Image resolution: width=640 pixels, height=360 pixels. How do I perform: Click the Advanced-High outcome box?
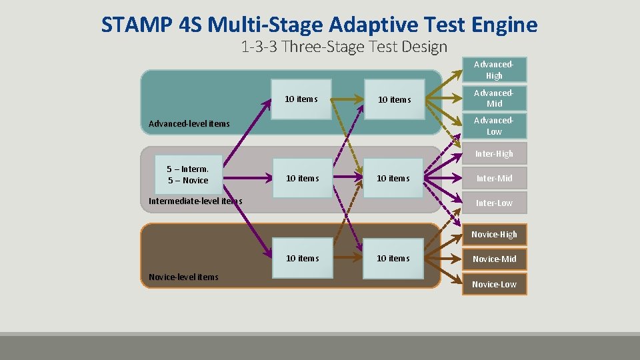[494, 70]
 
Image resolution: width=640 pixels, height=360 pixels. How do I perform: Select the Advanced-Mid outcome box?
[494, 98]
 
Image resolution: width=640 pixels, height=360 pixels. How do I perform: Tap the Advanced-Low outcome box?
[494, 126]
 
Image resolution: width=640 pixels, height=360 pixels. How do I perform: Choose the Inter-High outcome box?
[494, 154]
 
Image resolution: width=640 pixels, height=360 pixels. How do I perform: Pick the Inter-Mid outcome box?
[494, 178]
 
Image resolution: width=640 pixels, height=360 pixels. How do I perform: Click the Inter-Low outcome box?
[494, 203]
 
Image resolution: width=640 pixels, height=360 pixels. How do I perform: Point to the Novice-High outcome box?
[494, 235]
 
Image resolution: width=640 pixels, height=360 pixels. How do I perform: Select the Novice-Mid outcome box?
[494, 259]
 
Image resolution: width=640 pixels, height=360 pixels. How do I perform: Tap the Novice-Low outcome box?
[494, 285]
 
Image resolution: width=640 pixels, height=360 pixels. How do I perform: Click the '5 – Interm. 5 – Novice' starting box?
[187, 175]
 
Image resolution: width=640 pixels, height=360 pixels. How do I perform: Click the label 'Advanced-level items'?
[189, 123]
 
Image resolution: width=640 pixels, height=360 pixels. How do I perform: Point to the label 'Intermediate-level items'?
[195, 201]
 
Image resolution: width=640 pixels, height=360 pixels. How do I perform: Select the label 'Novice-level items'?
[183, 277]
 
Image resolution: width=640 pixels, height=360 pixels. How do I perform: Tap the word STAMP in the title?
[138, 25]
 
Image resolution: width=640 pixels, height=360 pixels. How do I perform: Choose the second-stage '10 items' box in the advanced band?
[301, 99]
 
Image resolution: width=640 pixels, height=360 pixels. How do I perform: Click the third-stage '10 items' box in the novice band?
[394, 258]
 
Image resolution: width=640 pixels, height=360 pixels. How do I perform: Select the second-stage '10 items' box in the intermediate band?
[303, 178]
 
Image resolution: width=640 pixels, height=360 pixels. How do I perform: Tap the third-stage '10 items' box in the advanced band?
[395, 99]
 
